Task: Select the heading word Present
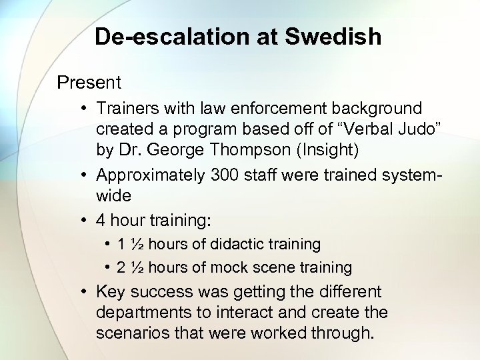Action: tap(89, 83)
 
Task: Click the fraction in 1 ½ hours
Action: tap(137, 244)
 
